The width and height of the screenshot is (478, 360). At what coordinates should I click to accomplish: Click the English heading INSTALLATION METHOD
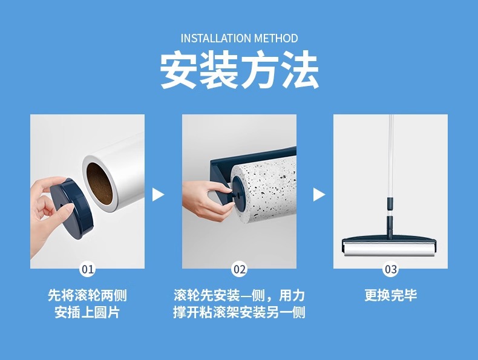pos(240,38)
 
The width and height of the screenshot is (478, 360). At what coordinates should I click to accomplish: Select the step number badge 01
pos(88,269)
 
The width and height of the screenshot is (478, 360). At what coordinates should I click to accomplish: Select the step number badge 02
pos(240,269)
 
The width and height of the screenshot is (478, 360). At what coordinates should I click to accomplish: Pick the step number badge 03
pos(390,269)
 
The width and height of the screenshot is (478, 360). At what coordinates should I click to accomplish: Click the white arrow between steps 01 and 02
pos(157,194)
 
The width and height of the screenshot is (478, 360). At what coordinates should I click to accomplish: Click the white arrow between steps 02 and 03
pos(318,194)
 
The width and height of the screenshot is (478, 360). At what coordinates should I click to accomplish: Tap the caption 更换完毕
pos(390,295)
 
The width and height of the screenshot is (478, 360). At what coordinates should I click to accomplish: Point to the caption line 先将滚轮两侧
pos(87,295)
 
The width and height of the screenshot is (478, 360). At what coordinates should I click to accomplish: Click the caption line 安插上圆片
pos(87,312)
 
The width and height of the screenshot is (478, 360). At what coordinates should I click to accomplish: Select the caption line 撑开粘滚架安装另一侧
pos(240,312)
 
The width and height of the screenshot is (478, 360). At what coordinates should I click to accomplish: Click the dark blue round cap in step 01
pos(72,209)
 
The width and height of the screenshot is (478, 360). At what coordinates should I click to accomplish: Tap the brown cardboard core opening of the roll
pos(99,183)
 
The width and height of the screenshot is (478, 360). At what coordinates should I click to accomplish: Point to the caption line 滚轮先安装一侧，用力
pos(240,295)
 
